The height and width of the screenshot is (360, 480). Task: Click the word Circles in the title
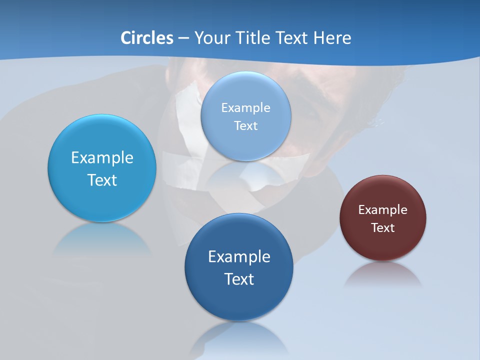pos(146,38)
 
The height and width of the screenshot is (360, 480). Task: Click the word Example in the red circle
pos(383,210)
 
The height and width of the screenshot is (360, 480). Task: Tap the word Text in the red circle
pos(383,228)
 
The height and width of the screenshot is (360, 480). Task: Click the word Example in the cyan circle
pos(102,158)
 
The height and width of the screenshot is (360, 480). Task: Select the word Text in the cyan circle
pos(102,180)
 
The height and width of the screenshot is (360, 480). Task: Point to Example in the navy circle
pos(239,257)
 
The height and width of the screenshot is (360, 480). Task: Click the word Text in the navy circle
pos(239,279)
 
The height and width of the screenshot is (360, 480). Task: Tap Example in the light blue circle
pos(246,108)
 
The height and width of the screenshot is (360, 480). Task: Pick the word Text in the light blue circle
pos(246,126)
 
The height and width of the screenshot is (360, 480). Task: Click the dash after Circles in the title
pos(183,38)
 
